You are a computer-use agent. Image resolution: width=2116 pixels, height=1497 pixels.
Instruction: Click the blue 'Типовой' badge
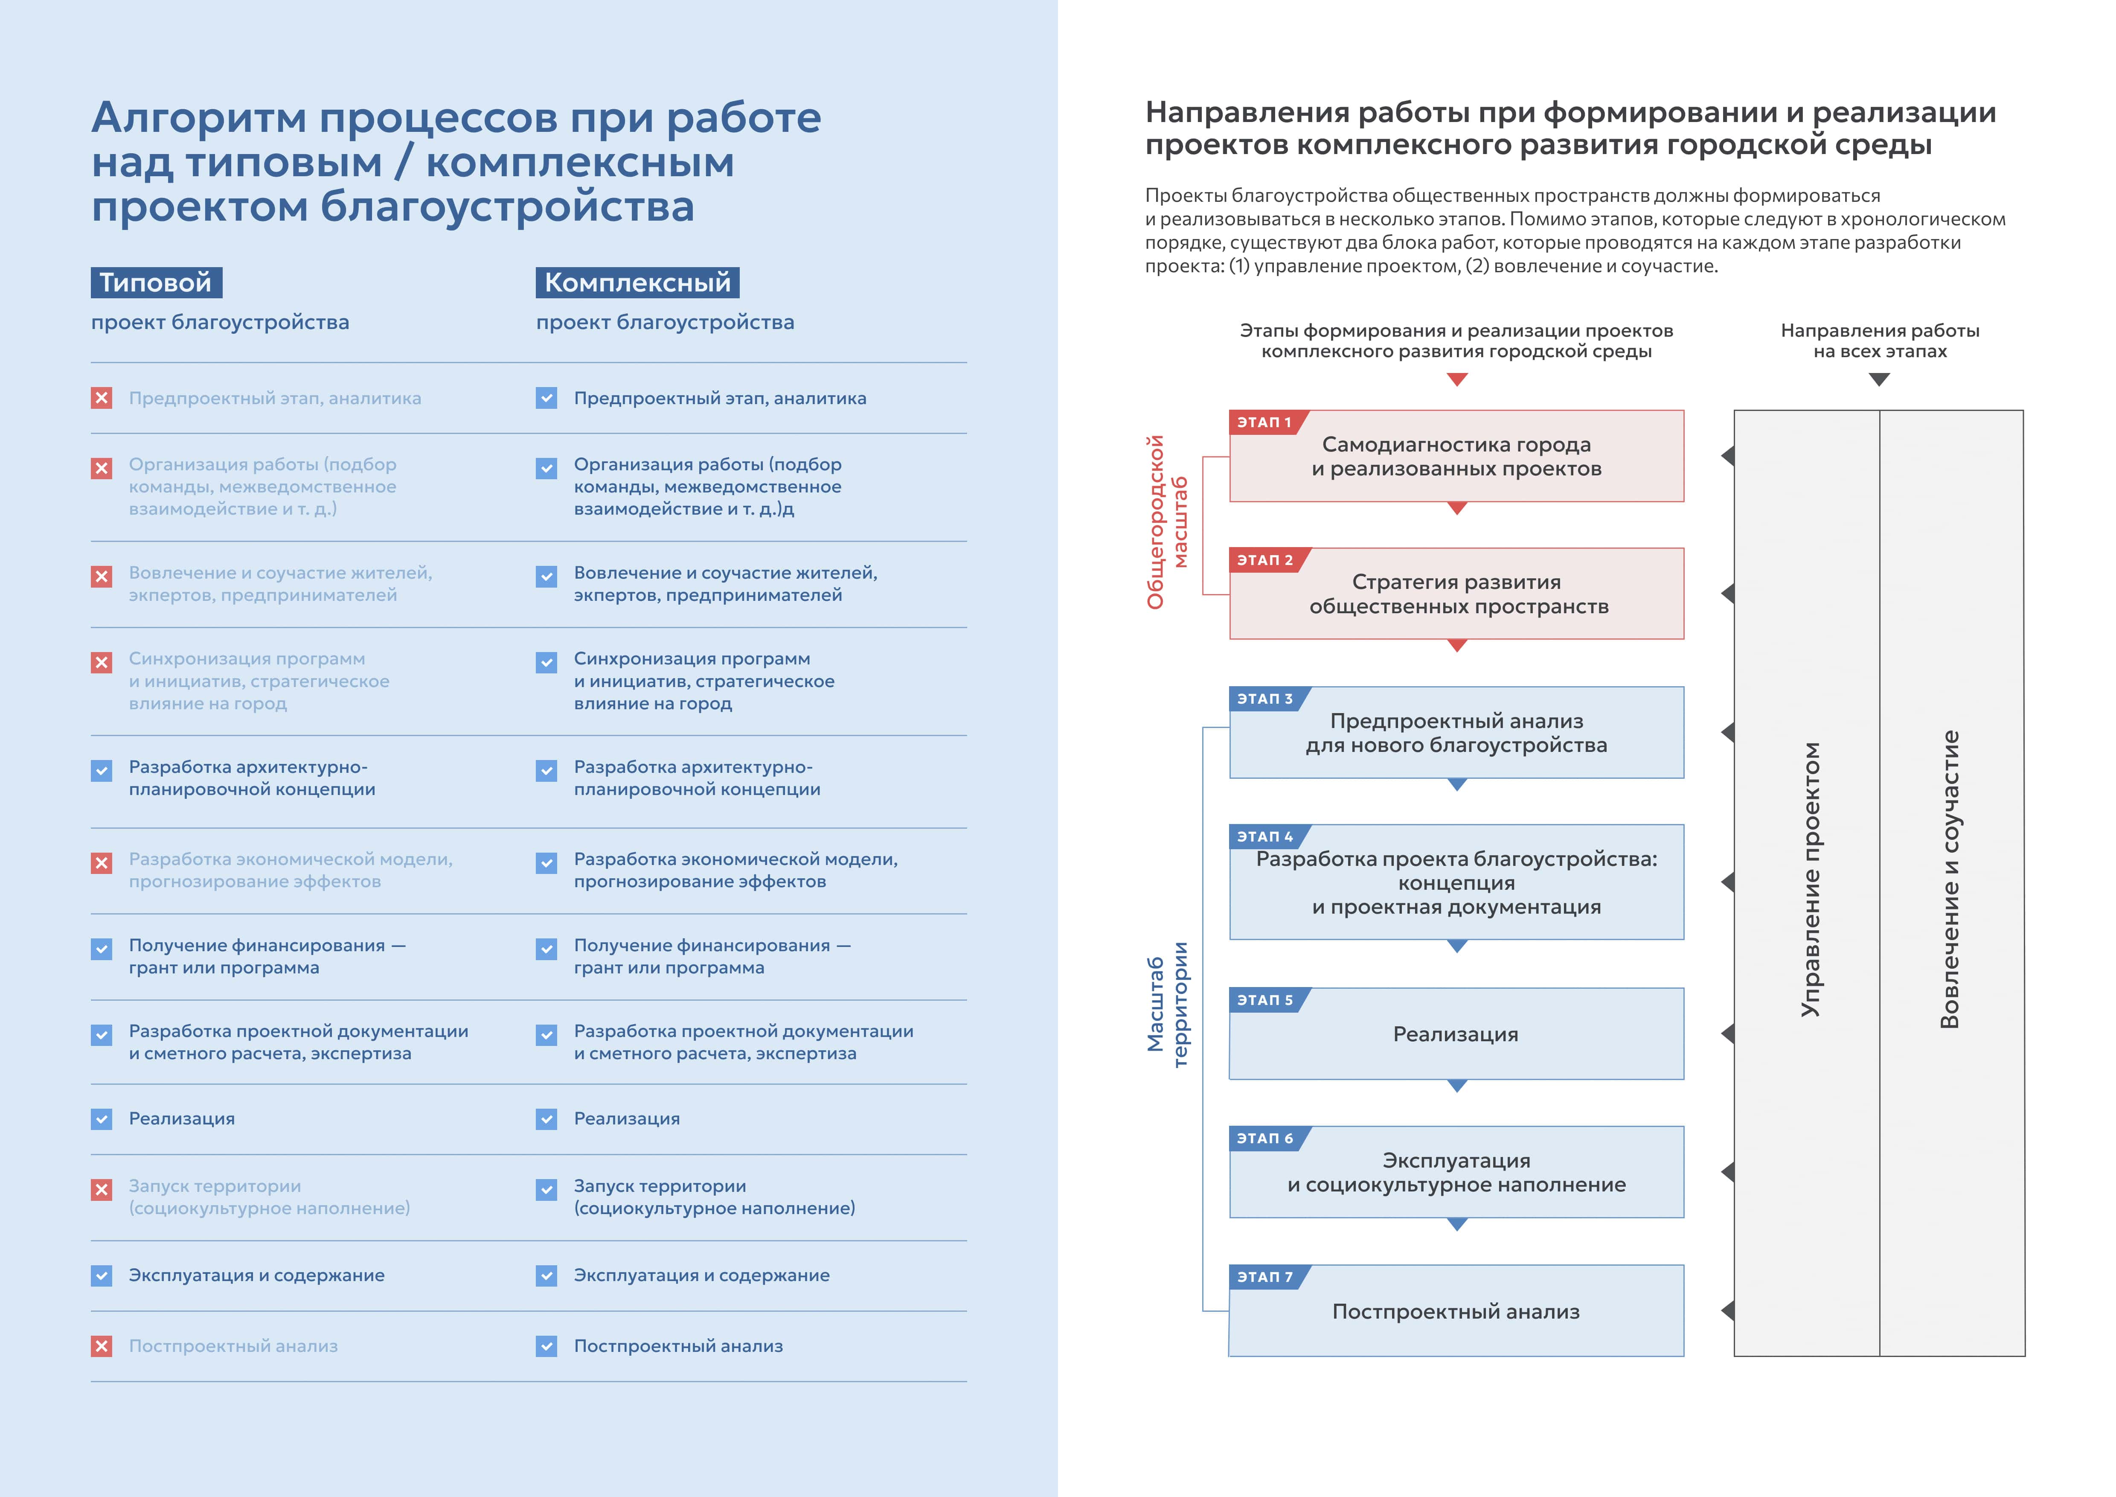(x=156, y=282)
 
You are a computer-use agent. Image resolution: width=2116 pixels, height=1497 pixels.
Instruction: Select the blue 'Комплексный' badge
(x=637, y=282)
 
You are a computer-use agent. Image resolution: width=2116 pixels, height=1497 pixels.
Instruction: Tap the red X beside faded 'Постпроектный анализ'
(x=102, y=1346)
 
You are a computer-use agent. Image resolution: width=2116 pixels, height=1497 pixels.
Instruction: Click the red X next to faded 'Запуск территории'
(x=102, y=1189)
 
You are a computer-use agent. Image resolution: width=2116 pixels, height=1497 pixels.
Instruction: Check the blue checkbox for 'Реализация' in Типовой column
(x=102, y=1119)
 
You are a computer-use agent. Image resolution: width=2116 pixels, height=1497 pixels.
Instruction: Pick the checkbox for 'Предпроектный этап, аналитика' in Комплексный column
(x=546, y=398)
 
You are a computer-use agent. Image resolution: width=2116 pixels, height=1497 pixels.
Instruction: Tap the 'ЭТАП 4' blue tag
(x=1264, y=836)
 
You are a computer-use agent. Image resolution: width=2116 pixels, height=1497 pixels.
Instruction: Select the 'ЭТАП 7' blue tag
(x=1264, y=1277)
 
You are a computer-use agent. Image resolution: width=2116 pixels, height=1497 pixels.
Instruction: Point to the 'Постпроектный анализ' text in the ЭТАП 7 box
(x=1456, y=1312)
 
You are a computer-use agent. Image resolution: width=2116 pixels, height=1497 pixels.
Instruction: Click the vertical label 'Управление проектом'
(x=1810, y=880)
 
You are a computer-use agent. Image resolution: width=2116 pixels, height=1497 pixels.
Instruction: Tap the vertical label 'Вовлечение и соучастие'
(x=1949, y=880)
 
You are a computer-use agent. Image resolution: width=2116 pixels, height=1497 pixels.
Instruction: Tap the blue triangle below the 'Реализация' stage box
(x=1457, y=1086)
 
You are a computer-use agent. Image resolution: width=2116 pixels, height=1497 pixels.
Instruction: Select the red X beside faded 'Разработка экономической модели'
(x=102, y=863)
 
